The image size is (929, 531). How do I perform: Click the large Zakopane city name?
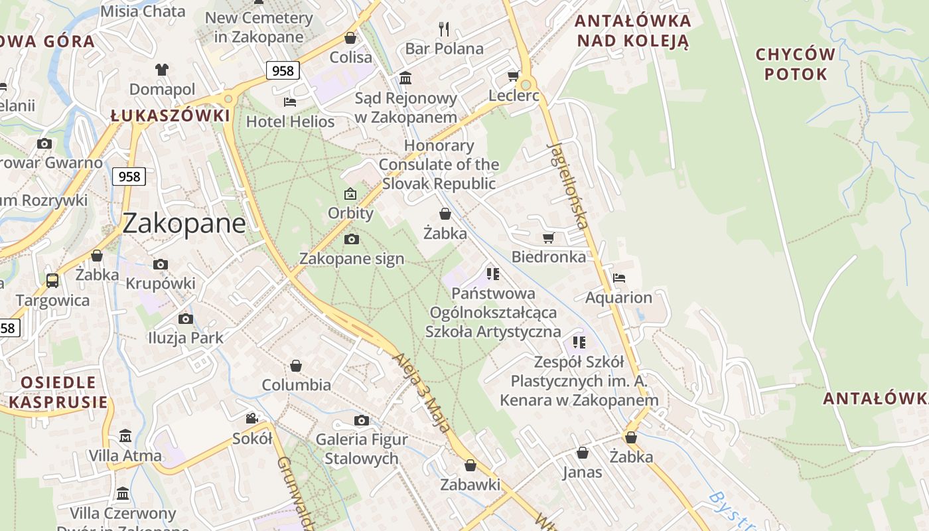tap(184, 223)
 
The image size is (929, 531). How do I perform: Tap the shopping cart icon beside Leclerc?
tap(513, 76)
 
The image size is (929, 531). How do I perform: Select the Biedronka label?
tap(549, 257)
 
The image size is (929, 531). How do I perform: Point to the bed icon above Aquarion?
tap(619, 278)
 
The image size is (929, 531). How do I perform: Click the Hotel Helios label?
tap(290, 121)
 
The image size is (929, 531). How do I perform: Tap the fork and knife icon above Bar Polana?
tap(444, 29)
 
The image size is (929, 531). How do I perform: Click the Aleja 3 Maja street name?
tap(422, 392)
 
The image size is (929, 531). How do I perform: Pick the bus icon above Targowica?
tap(52, 281)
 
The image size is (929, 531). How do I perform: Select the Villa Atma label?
tap(125, 456)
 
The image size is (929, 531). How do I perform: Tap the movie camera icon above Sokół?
tap(252, 418)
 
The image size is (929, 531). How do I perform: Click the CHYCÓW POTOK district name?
tap(795, 64)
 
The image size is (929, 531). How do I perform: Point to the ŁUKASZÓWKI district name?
tap(170, 115)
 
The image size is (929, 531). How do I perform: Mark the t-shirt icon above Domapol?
tap(162, 69)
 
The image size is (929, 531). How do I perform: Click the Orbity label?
tap(350, 213)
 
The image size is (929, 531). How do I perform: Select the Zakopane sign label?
tap(352, 258)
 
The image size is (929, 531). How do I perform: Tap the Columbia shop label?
tap(296, 385)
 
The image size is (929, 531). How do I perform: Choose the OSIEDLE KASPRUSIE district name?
tap(58, 392)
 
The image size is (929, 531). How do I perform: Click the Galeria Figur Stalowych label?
tap(362, 449)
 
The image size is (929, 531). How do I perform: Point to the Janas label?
tap(582, 472)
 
